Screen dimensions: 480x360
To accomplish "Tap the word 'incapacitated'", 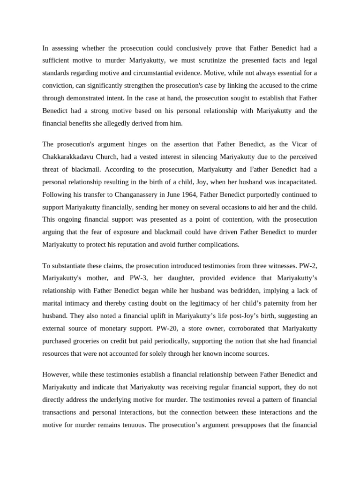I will pyautogui.click(x=296, y=181).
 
